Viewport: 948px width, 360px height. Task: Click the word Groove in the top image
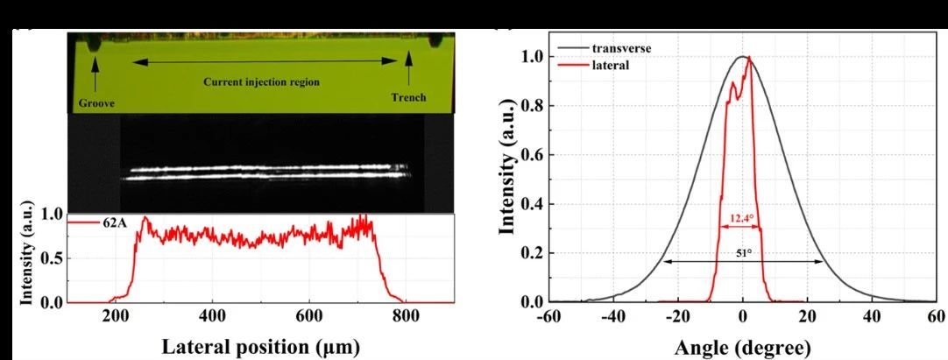pos(96,102)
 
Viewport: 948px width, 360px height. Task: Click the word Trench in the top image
pos(408,97)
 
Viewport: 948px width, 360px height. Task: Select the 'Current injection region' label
pos(261,81)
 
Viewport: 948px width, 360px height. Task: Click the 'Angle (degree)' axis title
pos(743,346)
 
